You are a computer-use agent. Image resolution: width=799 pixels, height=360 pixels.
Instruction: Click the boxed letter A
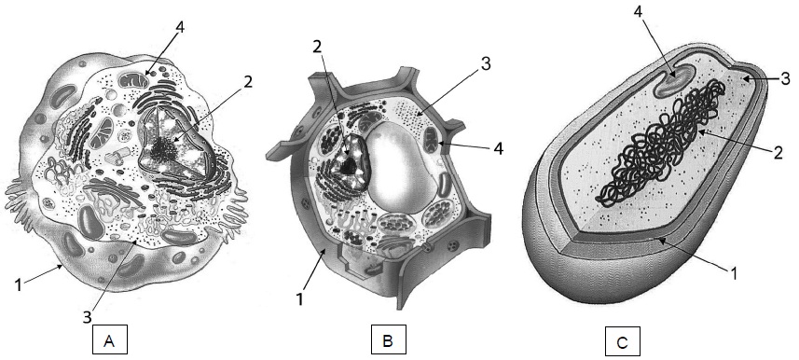pos(109,339)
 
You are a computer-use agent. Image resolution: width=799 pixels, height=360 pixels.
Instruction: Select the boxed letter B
pos(388,339)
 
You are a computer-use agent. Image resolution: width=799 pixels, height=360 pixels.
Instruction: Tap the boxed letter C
pos(622,341)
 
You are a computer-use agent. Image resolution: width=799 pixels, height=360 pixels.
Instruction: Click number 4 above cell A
pos(178,26)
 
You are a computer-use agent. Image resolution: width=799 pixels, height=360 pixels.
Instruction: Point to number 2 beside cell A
pos(247,81)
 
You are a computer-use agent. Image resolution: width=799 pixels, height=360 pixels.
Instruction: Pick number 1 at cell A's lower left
pos(19,284)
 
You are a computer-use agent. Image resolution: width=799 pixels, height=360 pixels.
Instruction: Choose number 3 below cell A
pos(87,317)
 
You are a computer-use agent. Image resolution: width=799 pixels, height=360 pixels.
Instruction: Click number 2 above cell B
pos(317,47)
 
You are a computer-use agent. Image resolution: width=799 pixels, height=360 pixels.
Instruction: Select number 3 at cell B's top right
pos(485,64)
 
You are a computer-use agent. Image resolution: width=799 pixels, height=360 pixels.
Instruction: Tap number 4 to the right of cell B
pos(498,149)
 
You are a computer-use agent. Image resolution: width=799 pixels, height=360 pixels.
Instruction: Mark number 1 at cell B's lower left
pos(299,299)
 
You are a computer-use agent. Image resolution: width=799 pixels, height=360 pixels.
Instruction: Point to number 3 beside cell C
pos(785,78)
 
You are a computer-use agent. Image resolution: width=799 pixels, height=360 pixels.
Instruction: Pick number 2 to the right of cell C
pos(778,152)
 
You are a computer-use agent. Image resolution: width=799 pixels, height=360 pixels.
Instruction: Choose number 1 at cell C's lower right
pos(734,274)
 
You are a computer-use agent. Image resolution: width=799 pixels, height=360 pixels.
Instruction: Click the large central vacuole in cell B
pos(403,167)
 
